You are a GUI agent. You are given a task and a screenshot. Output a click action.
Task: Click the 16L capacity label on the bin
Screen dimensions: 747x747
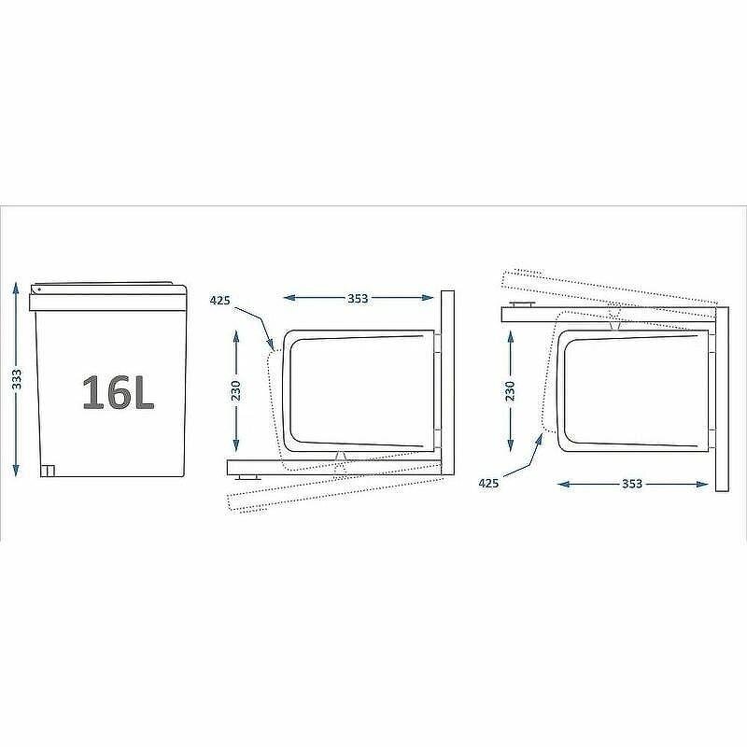(x=119, y=392)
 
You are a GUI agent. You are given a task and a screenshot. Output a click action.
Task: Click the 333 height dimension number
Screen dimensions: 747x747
(x=17, y=379)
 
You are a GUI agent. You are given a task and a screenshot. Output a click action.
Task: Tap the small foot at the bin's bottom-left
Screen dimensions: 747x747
(x=48, y=471)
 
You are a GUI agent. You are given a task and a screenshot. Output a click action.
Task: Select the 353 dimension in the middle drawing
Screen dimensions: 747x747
(x=358, y=298)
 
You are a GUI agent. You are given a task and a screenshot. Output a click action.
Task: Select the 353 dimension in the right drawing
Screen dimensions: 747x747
(x=632, y=484)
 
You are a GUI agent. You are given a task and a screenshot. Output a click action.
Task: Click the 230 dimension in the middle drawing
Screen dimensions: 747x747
(x=236, y=390)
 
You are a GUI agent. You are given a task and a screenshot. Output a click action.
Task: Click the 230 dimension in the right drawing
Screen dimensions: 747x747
(x=510, y=390)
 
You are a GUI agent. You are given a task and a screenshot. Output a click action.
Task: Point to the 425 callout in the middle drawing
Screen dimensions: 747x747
(x=220, y=301)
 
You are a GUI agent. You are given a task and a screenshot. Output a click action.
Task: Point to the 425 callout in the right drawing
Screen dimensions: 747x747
(x=488, y=483)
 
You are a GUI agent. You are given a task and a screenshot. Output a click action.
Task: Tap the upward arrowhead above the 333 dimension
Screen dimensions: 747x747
(x=17, y=289)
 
